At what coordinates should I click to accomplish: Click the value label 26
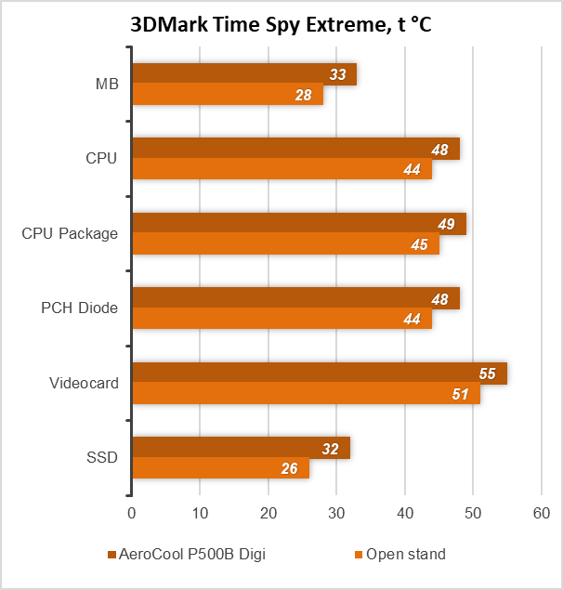click(x=289, y=469)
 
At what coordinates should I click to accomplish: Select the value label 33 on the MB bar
click(x=336, y=74)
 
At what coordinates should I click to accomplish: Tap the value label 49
click(x=447, y=224)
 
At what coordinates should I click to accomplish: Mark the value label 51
click(x=461, y=394)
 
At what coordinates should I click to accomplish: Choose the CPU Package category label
click(x=70, y=233)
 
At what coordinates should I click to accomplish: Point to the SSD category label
click(x=102, y=457)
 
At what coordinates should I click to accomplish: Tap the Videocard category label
click(x=84, y=383)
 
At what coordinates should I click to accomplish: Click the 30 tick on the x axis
click(x=336, y=513)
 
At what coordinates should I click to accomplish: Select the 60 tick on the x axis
click(x=541, y=513)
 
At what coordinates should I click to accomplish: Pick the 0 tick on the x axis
click(x=132, y=513)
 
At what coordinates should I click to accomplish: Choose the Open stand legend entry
click(x=405, y=555)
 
